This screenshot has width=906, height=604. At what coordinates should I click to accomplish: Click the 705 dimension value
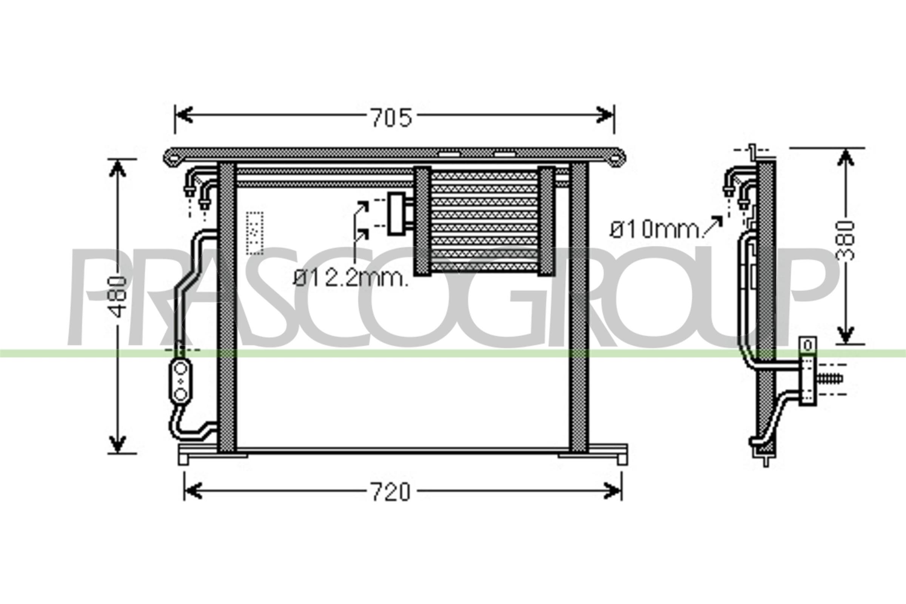point(391,117)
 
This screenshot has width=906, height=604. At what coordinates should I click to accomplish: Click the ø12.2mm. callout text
point(351,278)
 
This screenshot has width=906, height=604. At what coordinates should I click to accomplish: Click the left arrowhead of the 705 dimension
point(184,115)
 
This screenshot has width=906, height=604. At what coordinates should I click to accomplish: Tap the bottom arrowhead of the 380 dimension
point(846,334)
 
